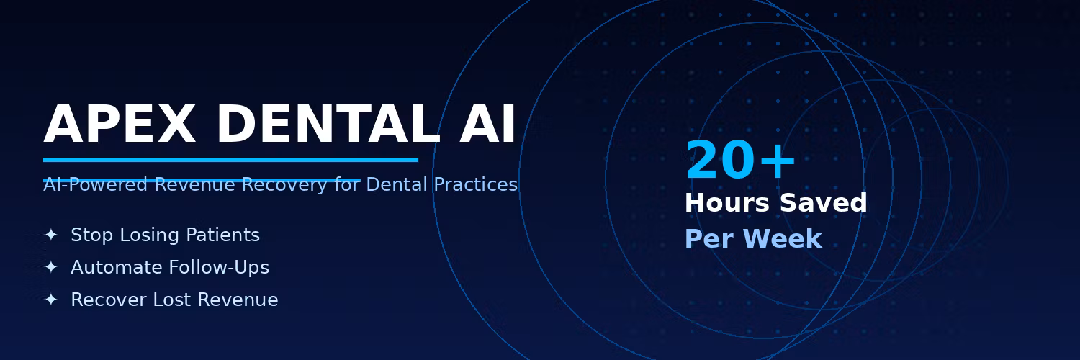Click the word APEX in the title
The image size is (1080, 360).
pos(120,124)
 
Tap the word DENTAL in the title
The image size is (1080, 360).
pos(328,124)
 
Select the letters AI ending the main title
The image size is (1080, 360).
pos(487,124)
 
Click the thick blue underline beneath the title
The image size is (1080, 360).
pos(230,160)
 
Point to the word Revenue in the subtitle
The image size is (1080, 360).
pos(194,184)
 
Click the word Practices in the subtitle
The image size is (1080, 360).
pos(475,184)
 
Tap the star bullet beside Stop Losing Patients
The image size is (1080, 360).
pos(50,235)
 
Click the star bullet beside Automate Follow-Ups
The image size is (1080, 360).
pos(50,267)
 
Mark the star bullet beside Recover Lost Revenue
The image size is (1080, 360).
pos(50,300)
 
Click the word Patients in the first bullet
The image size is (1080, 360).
pos(222,235)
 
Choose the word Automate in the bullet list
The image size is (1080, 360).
pos(117,267)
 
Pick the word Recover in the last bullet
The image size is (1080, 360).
pos(109,300)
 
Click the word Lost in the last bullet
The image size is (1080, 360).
pos(171,300)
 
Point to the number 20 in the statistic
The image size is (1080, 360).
pos(721,161)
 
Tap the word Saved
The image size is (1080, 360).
pos(824,202)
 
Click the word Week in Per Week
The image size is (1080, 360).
pos(783,238)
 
